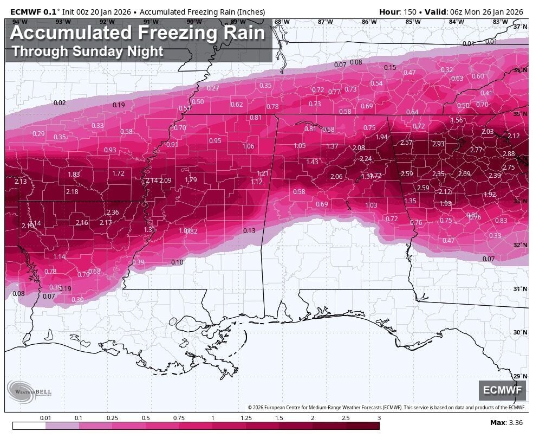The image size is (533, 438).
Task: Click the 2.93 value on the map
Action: click(438, 144)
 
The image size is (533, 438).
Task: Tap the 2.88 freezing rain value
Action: click(509, 154)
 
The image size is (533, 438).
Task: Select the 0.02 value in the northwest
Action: click(60, 103)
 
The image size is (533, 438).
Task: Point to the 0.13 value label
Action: click(249, 231)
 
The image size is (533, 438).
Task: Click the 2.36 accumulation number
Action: click(112, 212)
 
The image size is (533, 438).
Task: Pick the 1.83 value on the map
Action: click(74, 175)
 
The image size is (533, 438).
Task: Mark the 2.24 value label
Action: click(366, 159)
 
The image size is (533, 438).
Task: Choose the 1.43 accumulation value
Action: click(312, 162)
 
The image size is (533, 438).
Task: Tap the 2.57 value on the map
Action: click(406, 143)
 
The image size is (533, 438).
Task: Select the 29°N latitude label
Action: click(520, 376)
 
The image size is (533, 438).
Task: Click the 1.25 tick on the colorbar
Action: click(246, 418)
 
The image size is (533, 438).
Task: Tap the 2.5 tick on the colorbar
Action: click(346, 418)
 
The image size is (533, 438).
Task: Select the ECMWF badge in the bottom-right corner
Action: click(502, 390)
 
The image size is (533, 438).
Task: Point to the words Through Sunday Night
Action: click(87, 51)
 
